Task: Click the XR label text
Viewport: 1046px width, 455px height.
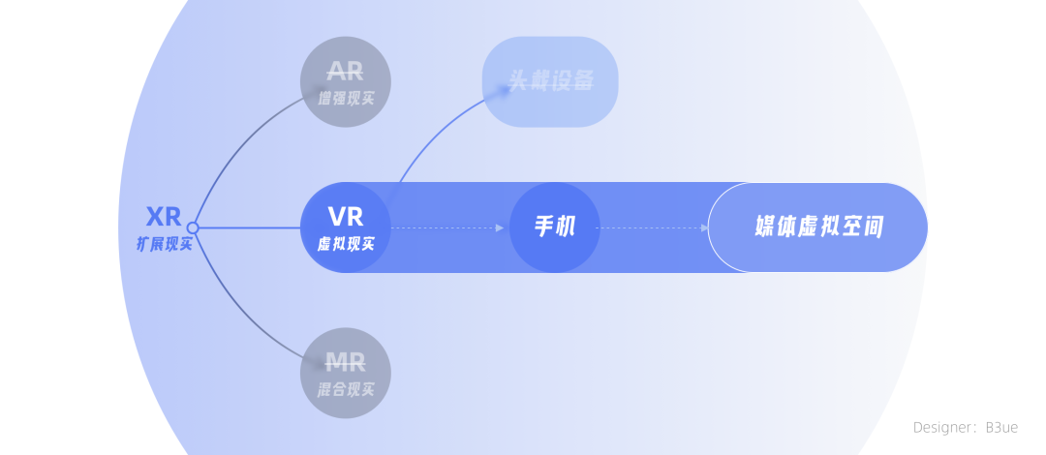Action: pos(164,216)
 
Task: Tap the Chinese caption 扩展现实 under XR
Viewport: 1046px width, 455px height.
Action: pos(164,244)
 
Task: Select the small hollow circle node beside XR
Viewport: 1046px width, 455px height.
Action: pos(193,228)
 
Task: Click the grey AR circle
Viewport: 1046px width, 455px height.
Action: pos(346,82)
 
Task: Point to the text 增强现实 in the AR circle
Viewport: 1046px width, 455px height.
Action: pos(346,98)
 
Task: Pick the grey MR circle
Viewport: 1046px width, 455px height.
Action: pos(346,374)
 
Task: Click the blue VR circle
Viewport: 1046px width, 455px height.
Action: pos(346,227)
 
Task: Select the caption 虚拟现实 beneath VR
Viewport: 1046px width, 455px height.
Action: pos(346,244)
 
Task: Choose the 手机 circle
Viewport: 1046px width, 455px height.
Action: pos(555,227)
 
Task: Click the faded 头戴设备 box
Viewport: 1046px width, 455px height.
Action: pos(550,81)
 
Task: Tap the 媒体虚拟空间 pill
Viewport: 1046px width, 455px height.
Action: pos(818,227)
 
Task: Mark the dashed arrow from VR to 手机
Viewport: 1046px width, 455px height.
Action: pos(447,228)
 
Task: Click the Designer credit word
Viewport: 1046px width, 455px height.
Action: pos(944,427)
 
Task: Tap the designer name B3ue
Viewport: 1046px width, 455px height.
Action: pos(1001,427)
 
